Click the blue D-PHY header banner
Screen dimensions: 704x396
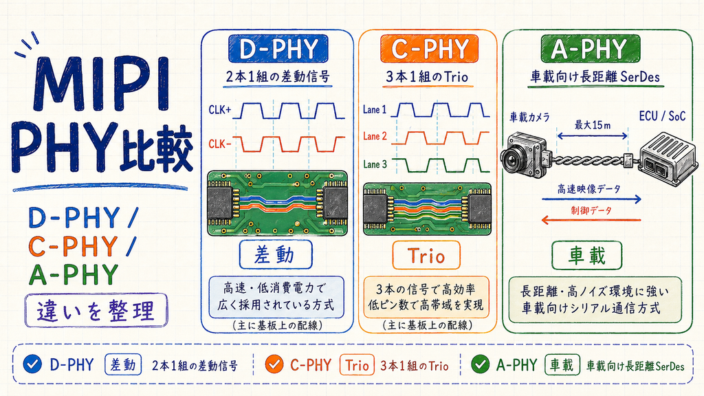pyautogui.click(x=278, y=49)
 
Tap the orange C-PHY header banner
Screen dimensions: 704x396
pyautogui.click(x=429, y=49)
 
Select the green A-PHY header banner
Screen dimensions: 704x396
pyautogui.click(x=590, y=49)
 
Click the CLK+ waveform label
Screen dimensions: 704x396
pyautogui.click(x=220, y=109)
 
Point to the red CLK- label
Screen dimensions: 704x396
pyautogui.click(x=220, y=144)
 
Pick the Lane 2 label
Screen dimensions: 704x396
pyautogui.click(x=375, y=136)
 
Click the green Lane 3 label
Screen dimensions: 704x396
pyautogui.click(x=375, y=164)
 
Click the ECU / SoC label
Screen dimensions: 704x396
pyautogui.click(x=662, y=116)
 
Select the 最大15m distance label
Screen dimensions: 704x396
pyautogui.click(x=593, y=125)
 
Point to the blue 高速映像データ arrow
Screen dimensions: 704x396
pyautogui.click(x=592, y=199)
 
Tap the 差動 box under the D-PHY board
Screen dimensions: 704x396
pyautogui.click(x=276, y=254)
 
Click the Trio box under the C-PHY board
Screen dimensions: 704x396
pyautogui.click(x=426, y=255)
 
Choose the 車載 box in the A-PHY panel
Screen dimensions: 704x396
pyautogui.click(x=587, y=256)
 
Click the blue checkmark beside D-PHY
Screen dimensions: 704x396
pyautogui.click(x=32, y=364)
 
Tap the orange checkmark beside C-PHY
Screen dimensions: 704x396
pyautogui.click(x=274, y=364)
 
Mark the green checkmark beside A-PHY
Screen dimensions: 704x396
pyautogui.click(x=480, y=364)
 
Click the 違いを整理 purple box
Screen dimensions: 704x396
pyautogui.click(x=96, y=310)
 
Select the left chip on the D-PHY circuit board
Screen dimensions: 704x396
pyautogui.click(x=220, y=203)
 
